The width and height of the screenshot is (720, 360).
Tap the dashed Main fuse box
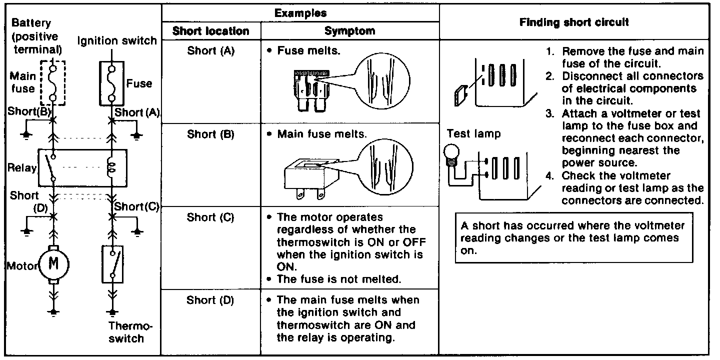(52, 82)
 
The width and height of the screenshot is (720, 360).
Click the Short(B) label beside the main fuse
(29, 111)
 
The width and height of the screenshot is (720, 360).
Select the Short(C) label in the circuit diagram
(136, 206)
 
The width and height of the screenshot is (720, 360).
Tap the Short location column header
(210, 31)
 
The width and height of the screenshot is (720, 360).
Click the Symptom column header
(349, 31)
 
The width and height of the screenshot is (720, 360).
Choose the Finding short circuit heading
(574, 22)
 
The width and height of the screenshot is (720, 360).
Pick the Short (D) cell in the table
(210, 300)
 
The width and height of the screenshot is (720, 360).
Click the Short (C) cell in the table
(210, 217)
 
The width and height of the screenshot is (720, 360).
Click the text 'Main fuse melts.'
(322, 134)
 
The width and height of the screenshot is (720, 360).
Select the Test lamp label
(473, 134)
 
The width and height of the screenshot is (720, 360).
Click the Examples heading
(300, 13)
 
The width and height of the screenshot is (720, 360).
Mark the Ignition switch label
(117, 40)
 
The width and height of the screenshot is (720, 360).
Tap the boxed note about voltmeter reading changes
(574, 238)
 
